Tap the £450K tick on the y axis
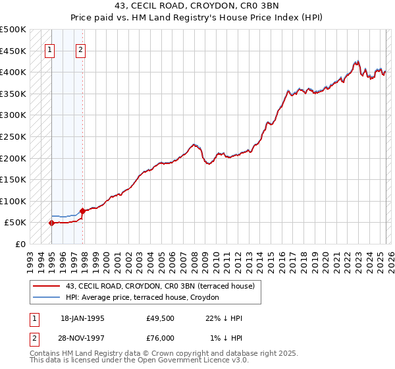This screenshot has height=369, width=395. (x=13, y=51)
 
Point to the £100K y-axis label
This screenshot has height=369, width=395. (x=13, y=201)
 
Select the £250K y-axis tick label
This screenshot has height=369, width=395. (x=13, y=136)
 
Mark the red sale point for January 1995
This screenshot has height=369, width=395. (x=51, y=223)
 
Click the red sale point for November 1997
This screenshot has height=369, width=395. (x=82, y=212)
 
